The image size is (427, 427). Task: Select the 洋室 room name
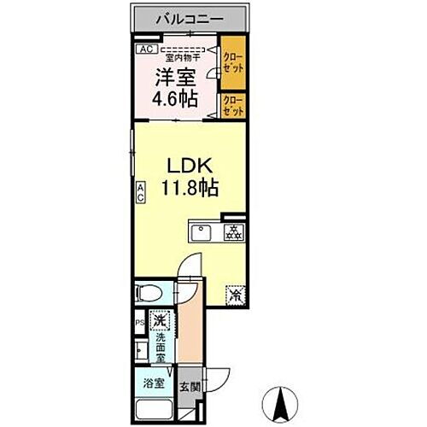point(174,78)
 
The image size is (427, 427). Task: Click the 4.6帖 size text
point(176,98)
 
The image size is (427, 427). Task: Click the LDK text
point(188,164)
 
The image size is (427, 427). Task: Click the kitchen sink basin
point(202,231)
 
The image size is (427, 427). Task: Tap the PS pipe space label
point(139,323)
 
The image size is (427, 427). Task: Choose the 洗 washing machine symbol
point(160,322)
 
